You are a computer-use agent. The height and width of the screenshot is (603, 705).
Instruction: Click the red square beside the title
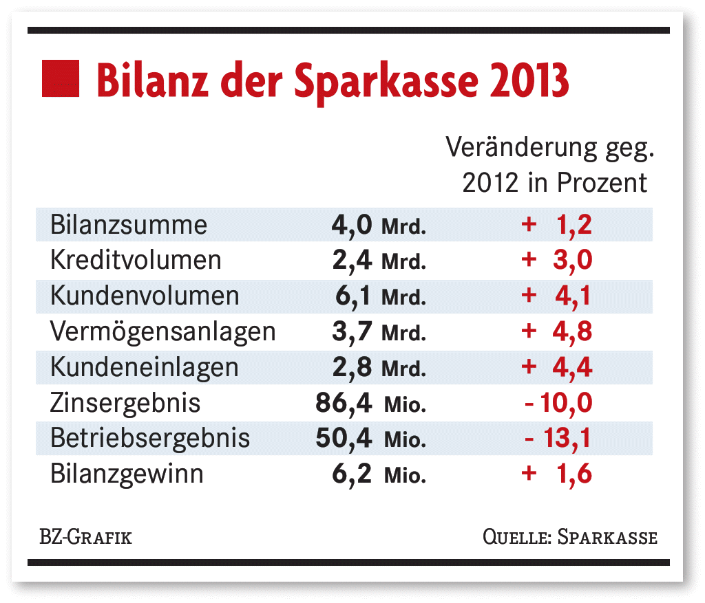coord(61,78)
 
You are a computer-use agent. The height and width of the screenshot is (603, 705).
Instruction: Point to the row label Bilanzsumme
coord(129,225)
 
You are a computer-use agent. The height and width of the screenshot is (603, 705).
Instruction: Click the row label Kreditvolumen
coord(136,260)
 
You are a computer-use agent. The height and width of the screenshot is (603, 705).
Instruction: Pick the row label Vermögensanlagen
coord(163,331)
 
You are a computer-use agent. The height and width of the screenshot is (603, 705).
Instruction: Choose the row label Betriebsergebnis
coord(150,438)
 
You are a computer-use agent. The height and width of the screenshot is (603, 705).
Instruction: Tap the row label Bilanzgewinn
coord(127,474)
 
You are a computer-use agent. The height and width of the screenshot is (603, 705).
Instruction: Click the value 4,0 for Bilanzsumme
coord(352,225)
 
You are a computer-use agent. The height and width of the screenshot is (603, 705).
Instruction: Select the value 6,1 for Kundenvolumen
coord(353,296)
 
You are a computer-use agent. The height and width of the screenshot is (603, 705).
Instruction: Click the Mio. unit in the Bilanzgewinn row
coord(405,475)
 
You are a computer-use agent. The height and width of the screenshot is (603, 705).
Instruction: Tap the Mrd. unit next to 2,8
coord(404,368)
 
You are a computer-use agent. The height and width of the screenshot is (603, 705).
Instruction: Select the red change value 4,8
coord(571,331)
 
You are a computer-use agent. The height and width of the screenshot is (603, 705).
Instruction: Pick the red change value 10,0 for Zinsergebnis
coord(566,402)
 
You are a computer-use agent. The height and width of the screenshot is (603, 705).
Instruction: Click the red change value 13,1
coord(567,438)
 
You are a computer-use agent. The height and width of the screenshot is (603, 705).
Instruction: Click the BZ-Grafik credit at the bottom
coord(85,536)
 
